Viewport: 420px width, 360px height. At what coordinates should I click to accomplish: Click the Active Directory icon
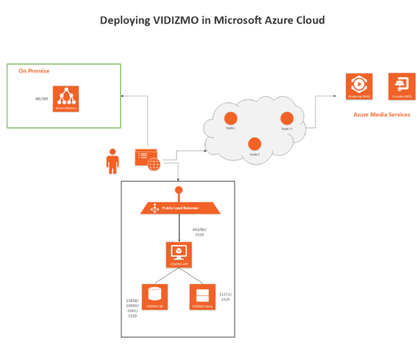pyautogui.click(x=66, y=98)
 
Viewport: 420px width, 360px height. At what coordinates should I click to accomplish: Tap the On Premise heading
pyautogui.click(x=34, y=71)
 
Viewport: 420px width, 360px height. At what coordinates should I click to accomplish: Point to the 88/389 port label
pyautogui.click(x=42, y=99)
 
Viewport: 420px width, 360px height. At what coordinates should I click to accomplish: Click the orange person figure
pyautogui.click(x=112, y=161)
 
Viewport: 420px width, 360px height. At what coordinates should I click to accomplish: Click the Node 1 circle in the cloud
pyautogui.click(x=229, y=117)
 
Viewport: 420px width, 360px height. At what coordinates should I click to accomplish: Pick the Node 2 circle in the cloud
pyautogui.click(x=254, y=143)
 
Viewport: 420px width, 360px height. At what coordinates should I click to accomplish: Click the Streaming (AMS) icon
pyautogui.click(x=359, y=86)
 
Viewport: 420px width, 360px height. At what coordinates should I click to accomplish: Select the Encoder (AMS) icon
pyautogui.click(x=402, y=86)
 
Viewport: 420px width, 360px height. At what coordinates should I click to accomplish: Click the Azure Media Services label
pyautogui.click(x=382, y=115)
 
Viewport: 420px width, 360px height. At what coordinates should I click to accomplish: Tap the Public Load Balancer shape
pyautogui.click(x=179, y=208)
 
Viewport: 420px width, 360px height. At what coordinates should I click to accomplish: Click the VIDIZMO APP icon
pyautogui.click(x=179, y=254)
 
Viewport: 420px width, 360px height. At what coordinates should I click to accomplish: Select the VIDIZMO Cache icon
pyautogui.click(x=203, y=296)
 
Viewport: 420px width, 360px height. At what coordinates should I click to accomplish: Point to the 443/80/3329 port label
pyautogui.click(x=199, y=232)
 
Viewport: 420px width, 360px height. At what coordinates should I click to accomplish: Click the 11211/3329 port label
pyautogui.click(x=225, y=296)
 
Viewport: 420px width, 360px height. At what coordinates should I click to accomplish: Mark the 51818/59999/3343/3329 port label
pyautogui.click(x=132, y=308)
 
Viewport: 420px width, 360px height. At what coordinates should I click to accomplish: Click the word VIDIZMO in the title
pyautogui.click(x=174, y=20)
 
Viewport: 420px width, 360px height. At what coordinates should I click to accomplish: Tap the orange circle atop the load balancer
pyautogui.click(x=179, y=190)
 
